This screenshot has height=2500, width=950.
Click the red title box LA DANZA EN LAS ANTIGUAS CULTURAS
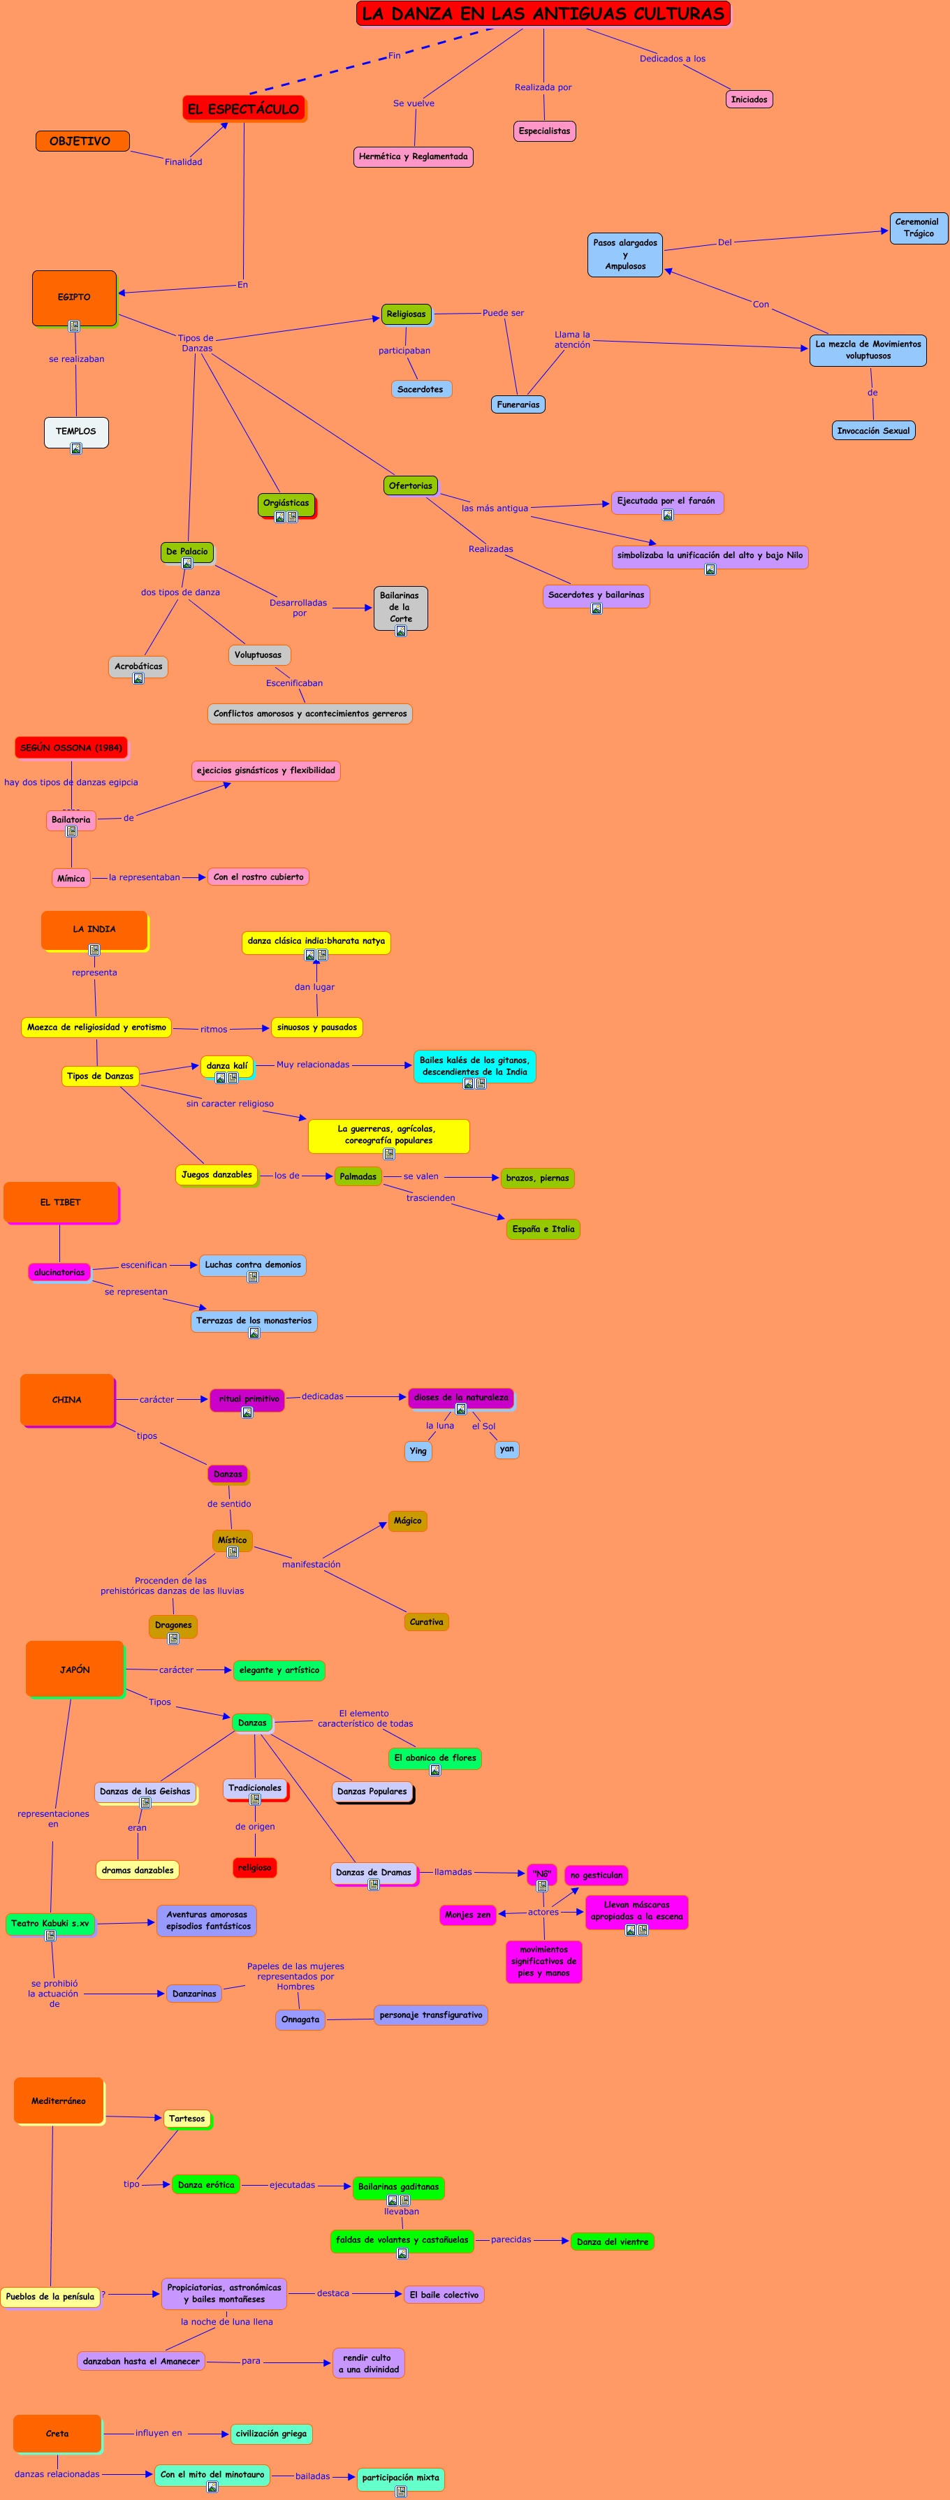[x=543, y=13]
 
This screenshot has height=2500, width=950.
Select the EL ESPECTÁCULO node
[x=244, y=109]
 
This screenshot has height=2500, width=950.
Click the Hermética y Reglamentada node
[x=414, y=156]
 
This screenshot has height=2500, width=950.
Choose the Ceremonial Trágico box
[x=917, y=228]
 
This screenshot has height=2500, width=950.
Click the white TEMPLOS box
[x=75, y=431]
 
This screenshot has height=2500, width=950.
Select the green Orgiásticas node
[x=286, y=504]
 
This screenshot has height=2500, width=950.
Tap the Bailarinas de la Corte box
[x=400, y=606]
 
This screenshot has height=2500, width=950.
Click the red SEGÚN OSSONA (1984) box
[x=71, y=747]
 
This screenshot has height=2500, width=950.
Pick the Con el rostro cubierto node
[x=258, y=877]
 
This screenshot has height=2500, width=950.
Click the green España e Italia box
[x=543, y=1229]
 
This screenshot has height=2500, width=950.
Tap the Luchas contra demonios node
[x=252, y=1264]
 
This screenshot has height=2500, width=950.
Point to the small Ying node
[x=418, y=1451]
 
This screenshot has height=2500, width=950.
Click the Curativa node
[x=426, y=1622]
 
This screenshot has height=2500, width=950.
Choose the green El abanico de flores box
[x=434, y=1757]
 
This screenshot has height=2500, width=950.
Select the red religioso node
[x=254, y=1867]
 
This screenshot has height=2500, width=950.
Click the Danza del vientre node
[x=613, y=2241]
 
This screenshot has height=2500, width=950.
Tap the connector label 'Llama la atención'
[x=573, y=339]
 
